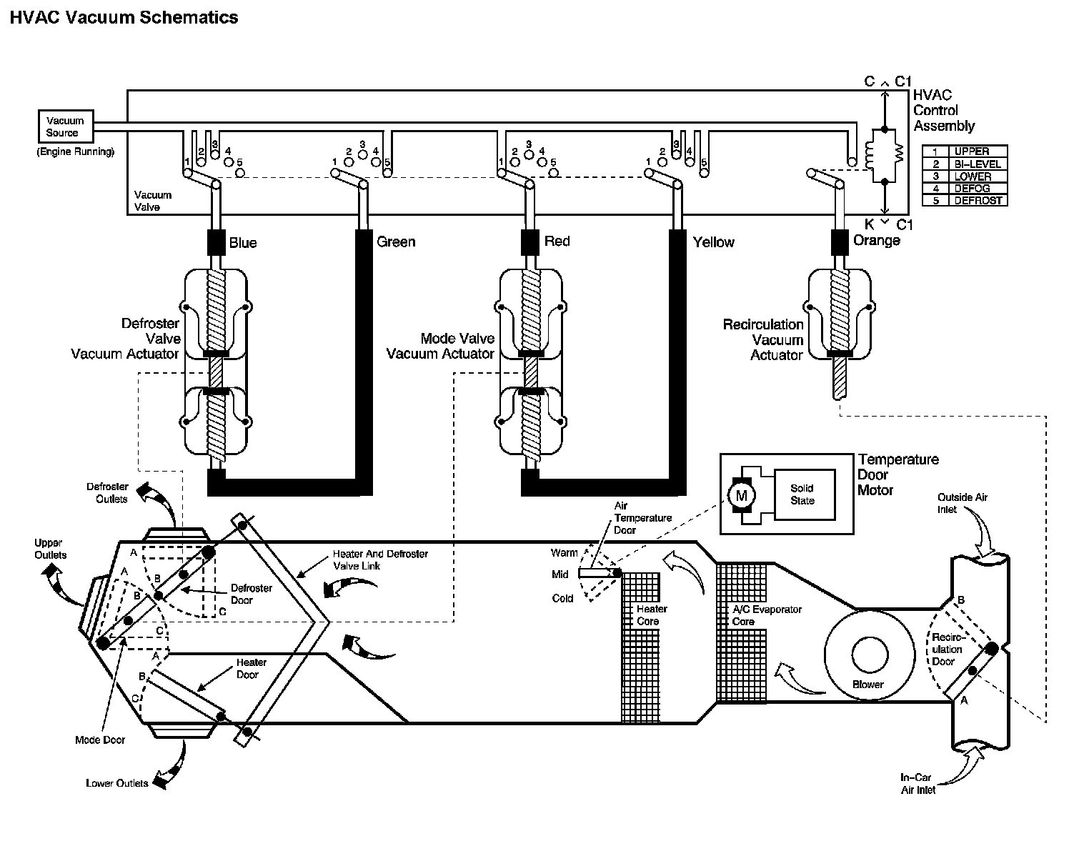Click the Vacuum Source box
point(66,126)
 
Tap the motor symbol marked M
point(741,495)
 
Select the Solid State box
point(805,494)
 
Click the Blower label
point(868,684)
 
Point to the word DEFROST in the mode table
point(978,201)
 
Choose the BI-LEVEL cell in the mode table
point(978,164)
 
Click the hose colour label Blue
point(243,243)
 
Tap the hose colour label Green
point(396,242)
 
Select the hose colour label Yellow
point(714,242)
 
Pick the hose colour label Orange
point(876,241)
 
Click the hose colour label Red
point(557,241)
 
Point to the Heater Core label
point(652,614)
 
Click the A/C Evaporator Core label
point(767,615)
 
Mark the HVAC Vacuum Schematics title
point(124,17)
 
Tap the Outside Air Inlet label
point(962,503)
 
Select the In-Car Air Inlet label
point(918,783)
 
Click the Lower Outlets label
point(116,783)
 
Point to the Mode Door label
point(100,740)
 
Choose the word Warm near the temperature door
point(564,552)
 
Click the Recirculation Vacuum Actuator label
point(762,339)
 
